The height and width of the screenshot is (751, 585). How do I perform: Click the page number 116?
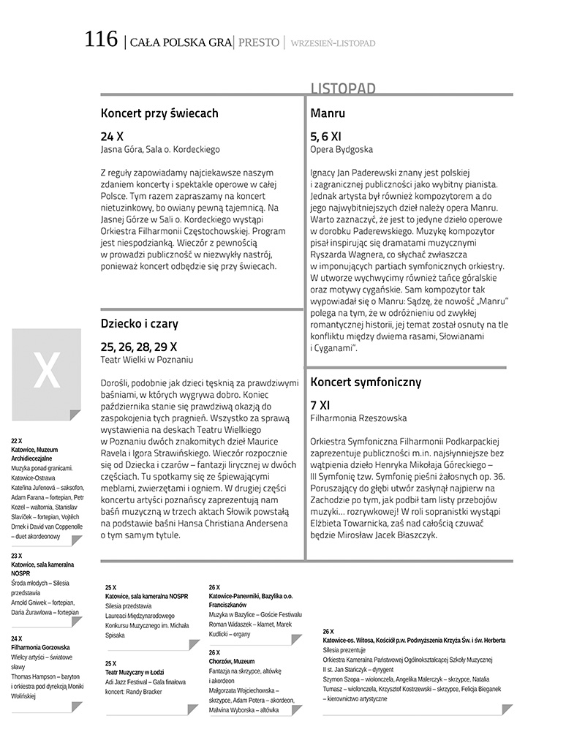tap(101, 39)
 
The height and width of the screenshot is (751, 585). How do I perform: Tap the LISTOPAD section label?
tap(343, 88)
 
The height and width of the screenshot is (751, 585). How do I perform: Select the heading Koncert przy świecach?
tap(159, 113)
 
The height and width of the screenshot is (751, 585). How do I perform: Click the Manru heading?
tap(328, 113)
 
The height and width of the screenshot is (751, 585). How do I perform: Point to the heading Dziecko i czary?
tap(140, 323)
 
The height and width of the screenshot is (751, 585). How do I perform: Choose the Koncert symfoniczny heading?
tap(366, 382)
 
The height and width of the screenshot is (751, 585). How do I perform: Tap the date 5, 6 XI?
tap(325, 136)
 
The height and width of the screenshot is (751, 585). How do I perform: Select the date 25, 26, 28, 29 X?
tap(139, 346)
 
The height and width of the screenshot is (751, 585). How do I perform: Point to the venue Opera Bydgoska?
tap(341, 149)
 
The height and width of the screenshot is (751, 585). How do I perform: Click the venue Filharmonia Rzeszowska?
tap(359, 418)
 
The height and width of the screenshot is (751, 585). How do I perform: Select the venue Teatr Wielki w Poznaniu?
tap(147, 359)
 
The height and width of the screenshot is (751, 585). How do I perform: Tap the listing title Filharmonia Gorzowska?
tap(41, 647)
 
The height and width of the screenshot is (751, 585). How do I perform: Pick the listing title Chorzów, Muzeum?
tap(232, 661)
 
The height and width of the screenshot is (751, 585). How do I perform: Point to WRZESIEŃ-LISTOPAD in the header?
tap(333, 43)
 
